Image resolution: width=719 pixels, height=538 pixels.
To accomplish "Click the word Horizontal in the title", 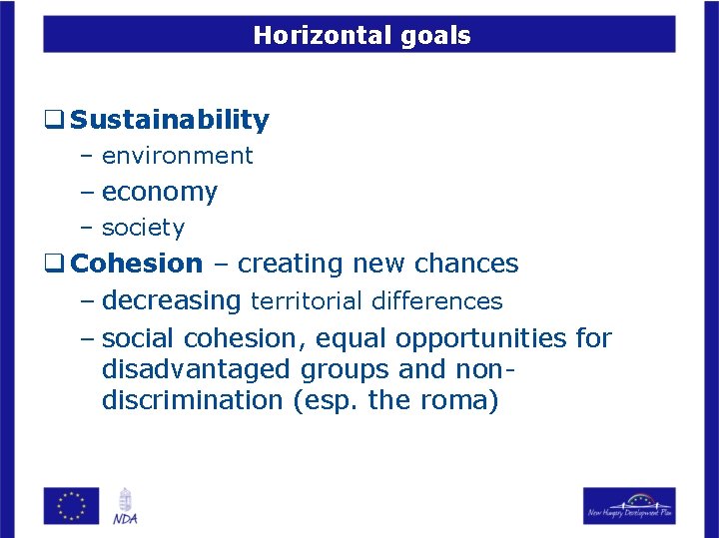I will (314, 36).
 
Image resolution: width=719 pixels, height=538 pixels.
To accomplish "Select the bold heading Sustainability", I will (171, 121).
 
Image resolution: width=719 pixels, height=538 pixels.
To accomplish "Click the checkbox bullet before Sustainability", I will (54, 121).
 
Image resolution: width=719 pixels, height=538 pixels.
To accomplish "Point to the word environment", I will (178, 156).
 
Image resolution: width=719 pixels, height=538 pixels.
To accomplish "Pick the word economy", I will (160, 192).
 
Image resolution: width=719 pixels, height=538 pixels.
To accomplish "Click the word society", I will (144, 228).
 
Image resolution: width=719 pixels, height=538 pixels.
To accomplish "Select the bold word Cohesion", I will (138, 264).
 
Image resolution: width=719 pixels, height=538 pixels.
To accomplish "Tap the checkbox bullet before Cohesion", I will (54, 264).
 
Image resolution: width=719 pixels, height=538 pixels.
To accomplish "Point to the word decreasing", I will (172, 300).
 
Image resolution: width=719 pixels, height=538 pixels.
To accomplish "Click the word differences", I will (436, 300).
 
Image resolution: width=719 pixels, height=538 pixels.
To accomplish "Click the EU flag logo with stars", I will (71, 505).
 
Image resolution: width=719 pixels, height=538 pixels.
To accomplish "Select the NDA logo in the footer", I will (125, 505).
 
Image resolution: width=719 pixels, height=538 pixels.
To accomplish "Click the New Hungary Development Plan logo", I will (629, 505).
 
